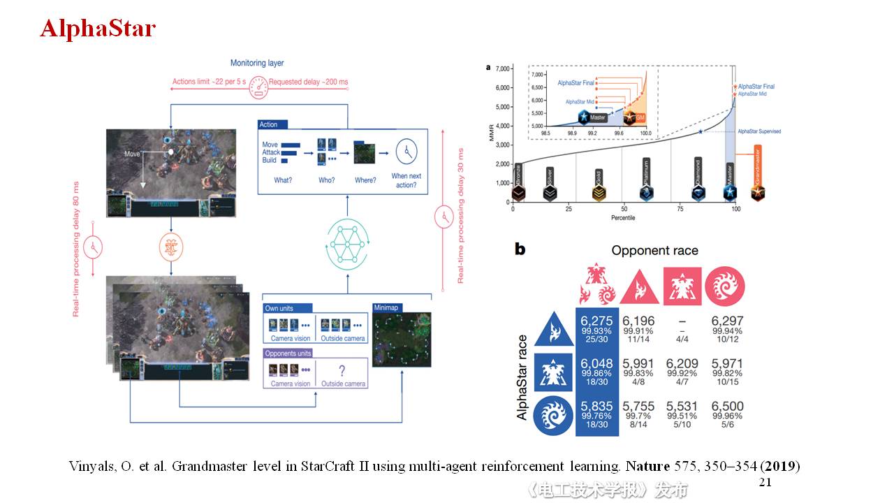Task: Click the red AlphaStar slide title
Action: pyautogui.click(x=98, y=28)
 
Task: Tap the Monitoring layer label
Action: pyautogui.click(x=257, y=63)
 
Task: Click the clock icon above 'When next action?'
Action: pyautogui.click(x=406, y=150)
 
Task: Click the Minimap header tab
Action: pyautogui.click(x=386, y=307)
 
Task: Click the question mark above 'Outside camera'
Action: pyautogui.click(x=342, y=372)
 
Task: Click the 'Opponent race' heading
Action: pyautogui.click(x=654, y=250)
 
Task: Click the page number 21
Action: pyautogui.click(x=765, y=483)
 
